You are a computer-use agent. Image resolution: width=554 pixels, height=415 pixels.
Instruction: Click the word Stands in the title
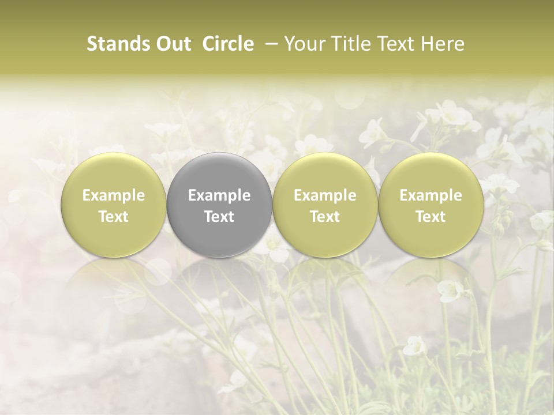click(x=114, y=44)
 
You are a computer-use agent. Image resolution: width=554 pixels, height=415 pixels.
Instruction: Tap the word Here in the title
click(x=444, y=44)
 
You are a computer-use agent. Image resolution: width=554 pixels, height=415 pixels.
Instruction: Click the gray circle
click(x=219, y=205)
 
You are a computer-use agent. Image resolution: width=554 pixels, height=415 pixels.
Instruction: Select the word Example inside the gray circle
click(x=219, y=195)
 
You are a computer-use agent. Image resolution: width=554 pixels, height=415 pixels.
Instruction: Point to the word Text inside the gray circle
click(x=219, y=217)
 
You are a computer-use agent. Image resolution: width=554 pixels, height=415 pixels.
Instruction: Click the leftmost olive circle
click(x=113, y=205)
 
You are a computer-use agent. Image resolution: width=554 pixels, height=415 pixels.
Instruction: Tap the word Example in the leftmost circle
click(x=113, y=195)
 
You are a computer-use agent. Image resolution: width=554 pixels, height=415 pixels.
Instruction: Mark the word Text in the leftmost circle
click(x=113, y=217)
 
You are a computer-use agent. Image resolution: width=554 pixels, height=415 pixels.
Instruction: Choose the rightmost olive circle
click(x=431, y=205)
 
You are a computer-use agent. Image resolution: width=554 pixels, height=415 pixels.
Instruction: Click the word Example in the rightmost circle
click(x=431, y=195)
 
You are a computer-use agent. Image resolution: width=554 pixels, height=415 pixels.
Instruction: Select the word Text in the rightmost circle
click(x=431, y=217)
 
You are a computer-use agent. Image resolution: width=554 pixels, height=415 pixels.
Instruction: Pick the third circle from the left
click(x=325, y=205)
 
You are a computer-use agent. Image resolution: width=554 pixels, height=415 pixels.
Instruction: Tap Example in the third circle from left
click(x=325, y=195)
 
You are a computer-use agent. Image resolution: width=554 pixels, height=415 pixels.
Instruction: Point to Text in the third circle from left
click(x=325, y=217)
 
